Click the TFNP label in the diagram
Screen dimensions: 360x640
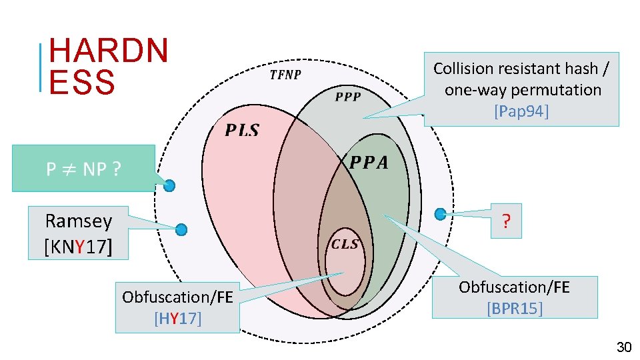click(x=285, y=75)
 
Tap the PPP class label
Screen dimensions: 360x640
click(x=347, y=97)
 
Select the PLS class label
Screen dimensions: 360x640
click(x=241, y=130)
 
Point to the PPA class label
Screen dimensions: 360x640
click(x=369, y=163)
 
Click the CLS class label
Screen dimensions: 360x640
click(x=345, y=244)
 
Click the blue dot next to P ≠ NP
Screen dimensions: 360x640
click(x=170, y=185)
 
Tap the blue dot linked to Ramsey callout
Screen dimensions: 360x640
click(x=181, y=230)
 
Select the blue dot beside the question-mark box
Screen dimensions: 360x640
click(x=440, y=214)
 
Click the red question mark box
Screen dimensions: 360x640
click(x=507, y=221)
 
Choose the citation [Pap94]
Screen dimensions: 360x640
click(x=521, y=111)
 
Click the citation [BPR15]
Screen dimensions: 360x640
click(x=514, y=309)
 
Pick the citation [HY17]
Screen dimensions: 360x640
click(x=177, y=319)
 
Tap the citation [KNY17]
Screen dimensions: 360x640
click(x=78, y=247)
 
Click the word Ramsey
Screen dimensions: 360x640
click(x=78, y=221)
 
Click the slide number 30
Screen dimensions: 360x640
click(x=624, y=347)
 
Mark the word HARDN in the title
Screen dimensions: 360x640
click(x=109, y=51)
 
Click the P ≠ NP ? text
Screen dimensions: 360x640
click(x=83, y=169)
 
